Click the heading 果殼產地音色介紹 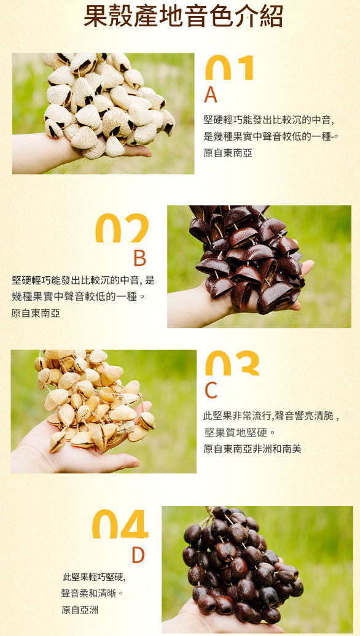(x=183, y=16)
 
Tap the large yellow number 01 (x=230, y=68)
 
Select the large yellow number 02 (x=122, y=228)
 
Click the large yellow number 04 (x=120, y=524)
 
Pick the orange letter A (x=211, y=95)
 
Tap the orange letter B (x=139, y=258)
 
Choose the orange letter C (x=211, y=390)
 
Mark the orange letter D (x=138, y=556)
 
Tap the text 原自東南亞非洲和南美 (x=252, y=449)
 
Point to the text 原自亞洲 (x=79, y=610)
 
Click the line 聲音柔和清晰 (x=92, y=594)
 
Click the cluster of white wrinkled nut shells (x=108, y=104)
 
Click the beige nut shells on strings (x=95, y=400)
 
